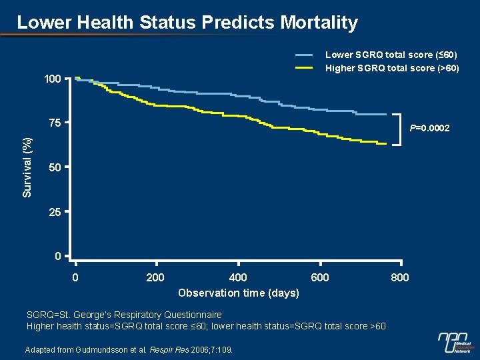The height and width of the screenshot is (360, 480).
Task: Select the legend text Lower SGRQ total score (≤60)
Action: click(x=391, y=55)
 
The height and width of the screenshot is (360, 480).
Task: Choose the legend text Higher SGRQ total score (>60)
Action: click(x=392, y=68)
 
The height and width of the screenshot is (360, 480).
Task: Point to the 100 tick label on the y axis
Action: click(x=52, y=79)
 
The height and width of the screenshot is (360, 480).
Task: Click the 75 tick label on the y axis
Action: click(x=55, y=123)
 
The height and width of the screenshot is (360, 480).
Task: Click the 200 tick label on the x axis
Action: click(x=155, y=277)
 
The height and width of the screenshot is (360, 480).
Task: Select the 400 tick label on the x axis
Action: click(x=237, y=277)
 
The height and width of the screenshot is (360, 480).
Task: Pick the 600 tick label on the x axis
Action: click(x=320, y=277)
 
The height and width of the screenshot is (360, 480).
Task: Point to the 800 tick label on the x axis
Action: click(x=400, y=277)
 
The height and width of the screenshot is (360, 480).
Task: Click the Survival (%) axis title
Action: click(x=27, y=167)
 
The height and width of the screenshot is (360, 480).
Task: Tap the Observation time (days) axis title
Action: click(x=239, y=293)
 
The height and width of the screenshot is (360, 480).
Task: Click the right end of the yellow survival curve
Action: click(x=385, y=143)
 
